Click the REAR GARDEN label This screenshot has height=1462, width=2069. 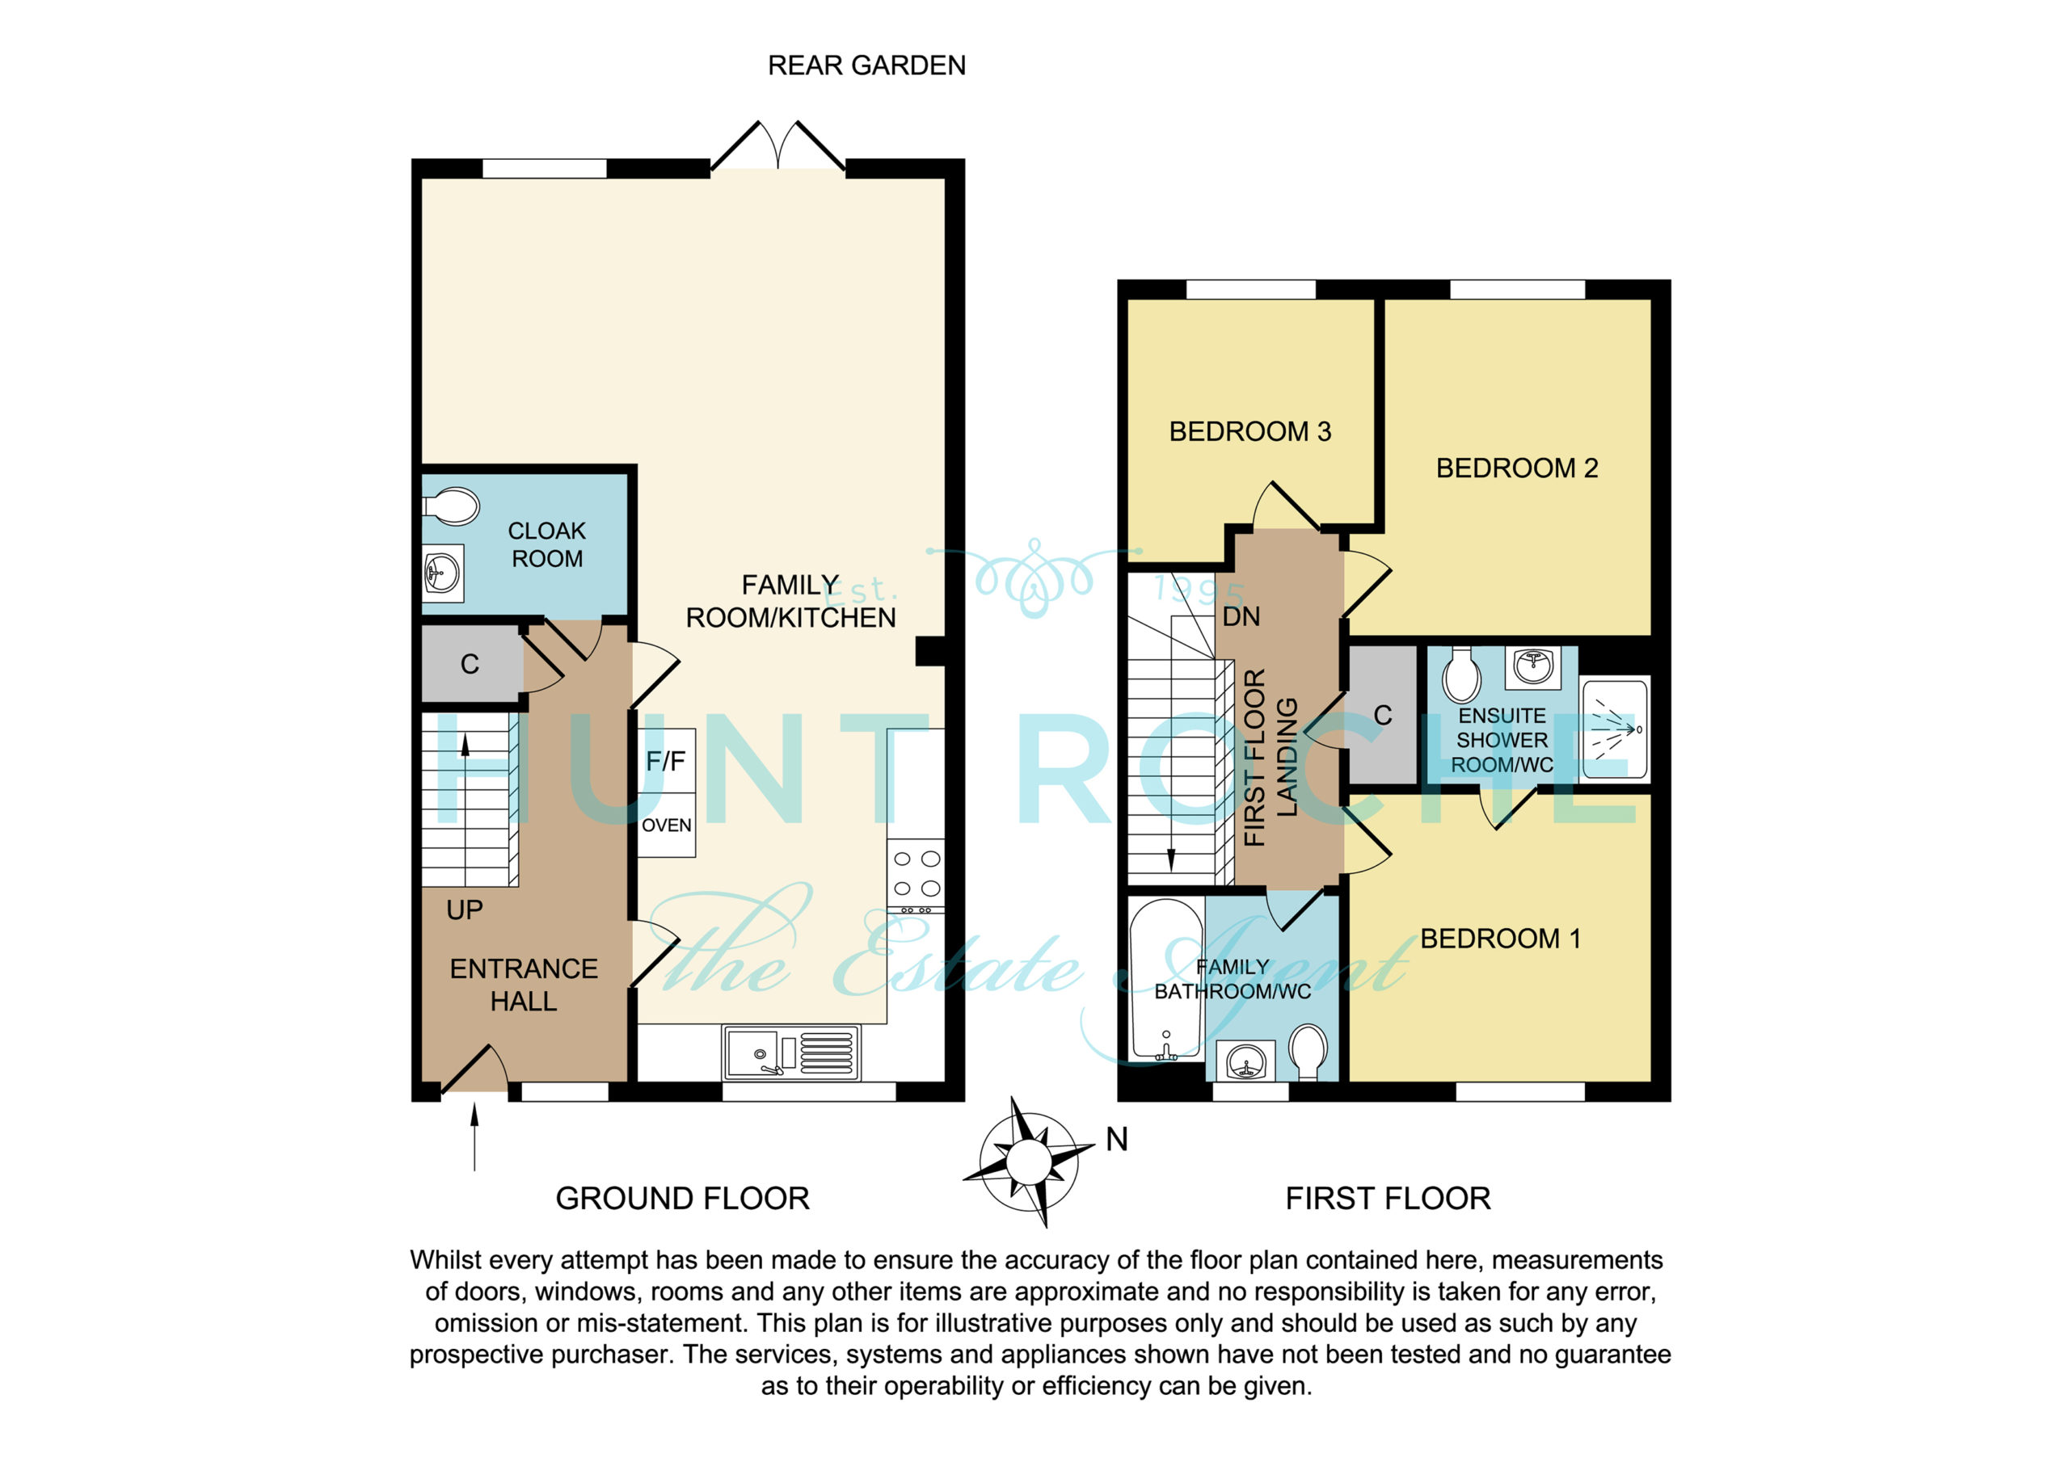866,65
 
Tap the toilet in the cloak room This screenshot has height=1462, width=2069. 452,506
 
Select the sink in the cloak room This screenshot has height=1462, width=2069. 442,573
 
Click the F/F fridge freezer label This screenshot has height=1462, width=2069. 665,761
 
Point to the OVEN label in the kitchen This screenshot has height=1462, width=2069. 666,826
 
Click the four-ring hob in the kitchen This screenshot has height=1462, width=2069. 917,874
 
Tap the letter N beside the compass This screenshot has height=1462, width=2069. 1116,1140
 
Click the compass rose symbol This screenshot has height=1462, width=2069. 1028,1162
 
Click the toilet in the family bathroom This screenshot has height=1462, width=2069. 1308,1052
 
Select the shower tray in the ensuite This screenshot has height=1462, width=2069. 1614,729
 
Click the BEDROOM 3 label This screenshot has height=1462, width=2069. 1249,431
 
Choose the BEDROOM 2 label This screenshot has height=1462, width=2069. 1517,468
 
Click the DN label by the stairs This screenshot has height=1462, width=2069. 1241,617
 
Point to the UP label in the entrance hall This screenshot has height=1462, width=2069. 464,910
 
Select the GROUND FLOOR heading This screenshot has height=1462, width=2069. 682,1198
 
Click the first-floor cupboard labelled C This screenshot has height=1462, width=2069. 1382,715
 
